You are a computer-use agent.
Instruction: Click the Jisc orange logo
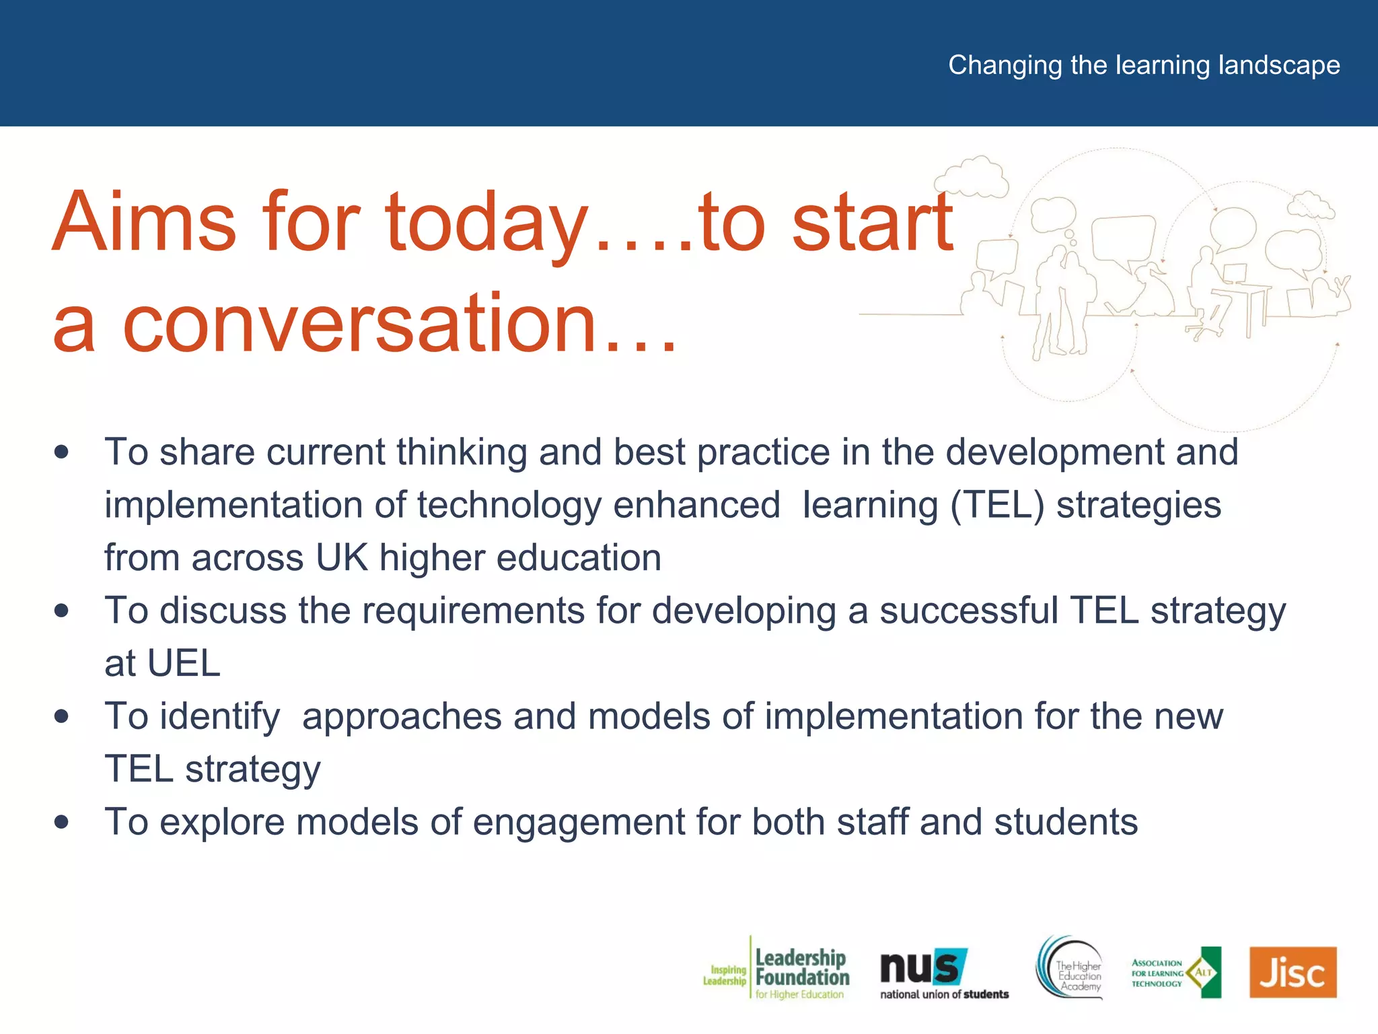[1293, 972]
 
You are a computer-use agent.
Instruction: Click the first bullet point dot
[62, 452]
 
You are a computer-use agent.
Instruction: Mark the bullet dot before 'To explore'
[62, 822]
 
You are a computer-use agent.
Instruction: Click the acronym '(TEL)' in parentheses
[996, 505]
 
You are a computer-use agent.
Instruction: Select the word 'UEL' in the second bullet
[184, 664]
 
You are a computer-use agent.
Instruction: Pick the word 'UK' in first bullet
[342, 558]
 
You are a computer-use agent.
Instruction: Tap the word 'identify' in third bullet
[219, 716]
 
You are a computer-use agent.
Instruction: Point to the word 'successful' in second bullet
[969, 611]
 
